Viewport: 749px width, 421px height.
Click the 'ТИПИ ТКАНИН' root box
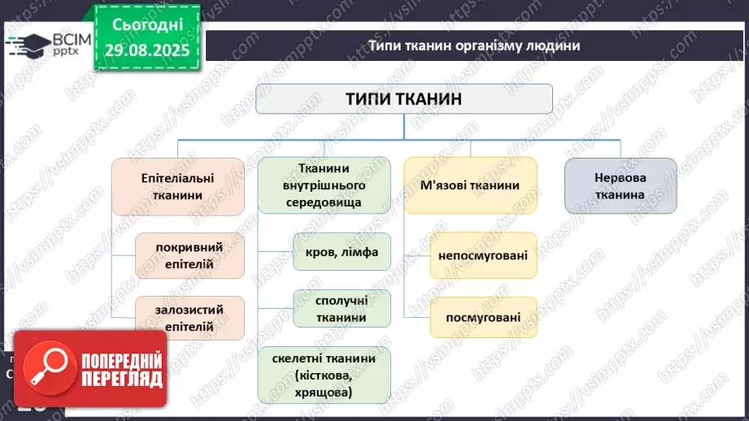[x=404, y=99]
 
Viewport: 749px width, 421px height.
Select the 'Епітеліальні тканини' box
[x=177, y=186]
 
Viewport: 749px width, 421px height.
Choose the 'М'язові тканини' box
[x=470, y=186]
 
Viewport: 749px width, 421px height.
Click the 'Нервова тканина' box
[x=620, y=186]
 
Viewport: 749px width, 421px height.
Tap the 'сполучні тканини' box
[x=341, y=309]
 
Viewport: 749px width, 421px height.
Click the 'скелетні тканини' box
[x=324, y=375]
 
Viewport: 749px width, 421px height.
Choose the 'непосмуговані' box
[x=482, y=256]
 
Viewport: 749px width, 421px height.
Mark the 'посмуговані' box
[x=482, y=317]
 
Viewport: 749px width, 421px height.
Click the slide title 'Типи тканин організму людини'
[x=473, y=46]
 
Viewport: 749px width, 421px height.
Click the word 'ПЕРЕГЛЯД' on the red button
[x=120, y=380]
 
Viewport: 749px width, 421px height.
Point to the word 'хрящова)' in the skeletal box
[x=324, y=393]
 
